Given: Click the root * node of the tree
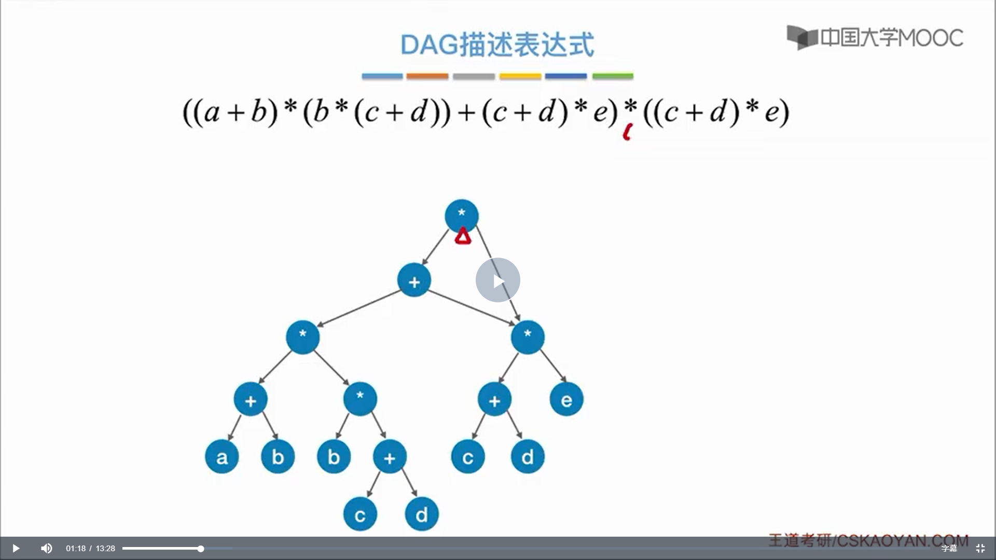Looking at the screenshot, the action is click(461, 215).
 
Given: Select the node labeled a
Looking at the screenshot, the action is click(222, 457).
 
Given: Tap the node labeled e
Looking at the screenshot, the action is click(566, 399).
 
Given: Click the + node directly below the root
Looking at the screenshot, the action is click(414, 281).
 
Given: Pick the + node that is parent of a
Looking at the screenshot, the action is click(251, 399).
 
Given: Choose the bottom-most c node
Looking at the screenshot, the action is click(359, 514).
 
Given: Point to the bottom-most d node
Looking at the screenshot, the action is click(422, 514).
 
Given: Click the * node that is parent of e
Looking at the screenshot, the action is click(528, 337).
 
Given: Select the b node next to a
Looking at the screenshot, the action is click(278, 457).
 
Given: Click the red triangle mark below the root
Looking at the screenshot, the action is click(463, 237).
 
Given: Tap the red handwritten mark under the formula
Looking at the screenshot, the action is click(627, 133).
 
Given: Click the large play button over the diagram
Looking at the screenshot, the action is click(497, 280).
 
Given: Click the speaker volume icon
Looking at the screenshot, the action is click(47, 548).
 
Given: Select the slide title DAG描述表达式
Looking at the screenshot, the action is click(497, 45).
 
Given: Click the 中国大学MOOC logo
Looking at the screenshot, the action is click(875, 37).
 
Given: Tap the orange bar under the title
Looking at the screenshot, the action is click(427, 76).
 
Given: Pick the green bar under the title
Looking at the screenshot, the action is click(613, 76).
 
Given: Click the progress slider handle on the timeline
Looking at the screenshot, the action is click(201, 549).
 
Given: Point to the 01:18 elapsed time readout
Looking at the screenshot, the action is click(76, 549).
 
